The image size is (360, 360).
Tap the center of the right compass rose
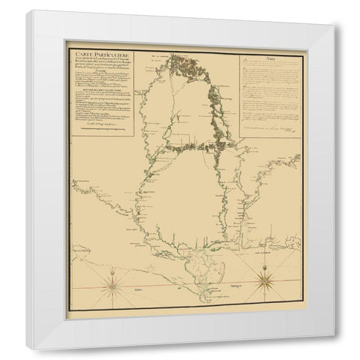click(267, 283)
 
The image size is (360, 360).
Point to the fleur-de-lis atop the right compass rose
click(267, 265)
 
